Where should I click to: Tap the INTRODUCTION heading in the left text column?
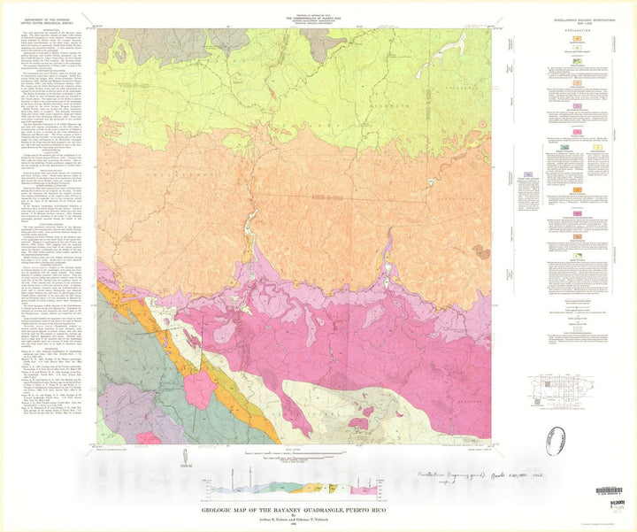(x=46, y=30)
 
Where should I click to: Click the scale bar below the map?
(x=293, y=460)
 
